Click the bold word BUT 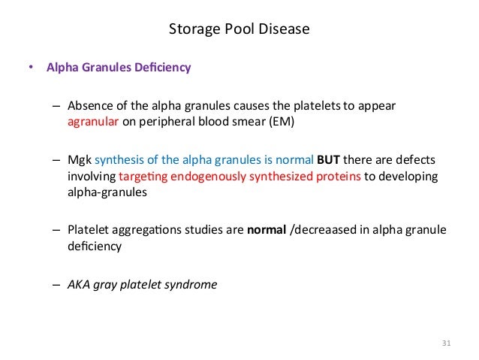tap(327, 162)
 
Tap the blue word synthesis tap(119, 162)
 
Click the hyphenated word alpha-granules tap(103, 191)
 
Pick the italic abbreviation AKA tap(79, 284)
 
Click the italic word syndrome tap(194, 284)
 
